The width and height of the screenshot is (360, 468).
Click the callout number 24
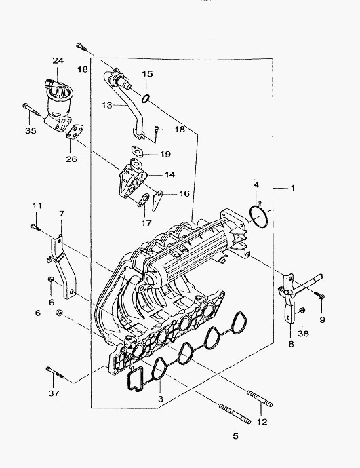click(x=58, y=60)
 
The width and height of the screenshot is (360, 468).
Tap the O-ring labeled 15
click(x=145, y=98)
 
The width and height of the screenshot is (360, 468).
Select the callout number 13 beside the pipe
click(x=106, y=105)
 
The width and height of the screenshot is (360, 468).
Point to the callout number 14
click(x=169, y=174)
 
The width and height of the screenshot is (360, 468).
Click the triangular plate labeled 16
click(x=157, y=201)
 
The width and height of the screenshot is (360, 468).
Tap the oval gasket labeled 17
click(x=143, y=200)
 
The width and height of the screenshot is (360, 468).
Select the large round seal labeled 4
click(x=258, y=216)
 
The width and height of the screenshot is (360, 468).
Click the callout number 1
click(x=293, y=188)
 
